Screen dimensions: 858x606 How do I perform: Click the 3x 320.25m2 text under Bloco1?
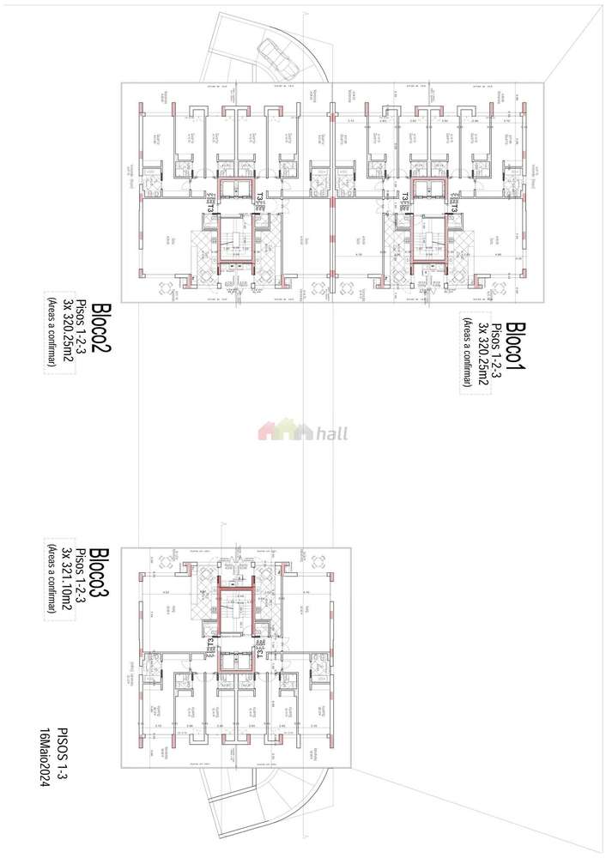click(x=483, y=353)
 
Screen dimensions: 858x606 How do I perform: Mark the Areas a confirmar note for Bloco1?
click(x=468, y=353)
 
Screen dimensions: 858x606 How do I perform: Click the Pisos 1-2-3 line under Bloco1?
click(x=498, y=353)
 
